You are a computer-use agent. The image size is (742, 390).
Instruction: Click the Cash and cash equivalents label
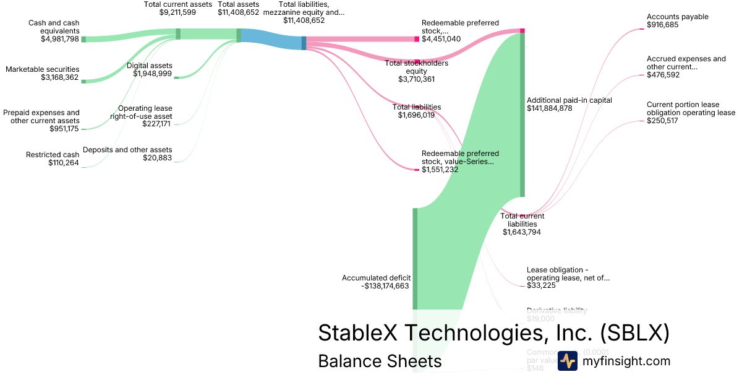pos(54,27)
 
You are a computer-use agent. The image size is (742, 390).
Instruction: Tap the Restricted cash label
pos(53,155)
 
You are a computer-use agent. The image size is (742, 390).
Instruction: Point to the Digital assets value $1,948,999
pos(153,74)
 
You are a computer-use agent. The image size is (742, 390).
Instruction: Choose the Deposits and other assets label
pos(127,150)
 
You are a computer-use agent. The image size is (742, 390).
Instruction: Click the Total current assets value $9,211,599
pos(178,12)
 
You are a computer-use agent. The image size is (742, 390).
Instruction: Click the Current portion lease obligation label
pos(691,108)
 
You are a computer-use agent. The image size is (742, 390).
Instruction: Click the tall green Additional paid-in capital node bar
pos(522,115)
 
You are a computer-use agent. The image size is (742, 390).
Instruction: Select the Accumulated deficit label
pos(376,278)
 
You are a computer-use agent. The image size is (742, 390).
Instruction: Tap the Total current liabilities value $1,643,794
pos(523,232)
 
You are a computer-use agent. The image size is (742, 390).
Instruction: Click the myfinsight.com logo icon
pos(568,361)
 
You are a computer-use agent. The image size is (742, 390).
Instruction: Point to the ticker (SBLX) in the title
pos(634,333)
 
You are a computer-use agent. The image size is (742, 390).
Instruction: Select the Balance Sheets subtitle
pos(380,361)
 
